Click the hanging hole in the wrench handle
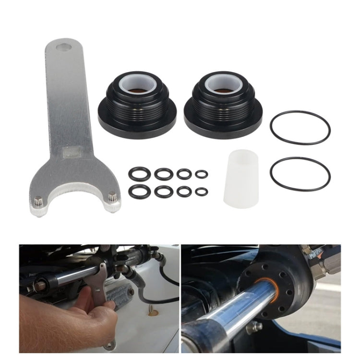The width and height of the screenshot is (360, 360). [x=63, y=48]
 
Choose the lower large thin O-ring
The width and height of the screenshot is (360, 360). [x=300, y=173]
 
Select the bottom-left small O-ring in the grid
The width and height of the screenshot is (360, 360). [x=139, y=191]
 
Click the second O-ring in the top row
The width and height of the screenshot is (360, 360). [x=164, y=174]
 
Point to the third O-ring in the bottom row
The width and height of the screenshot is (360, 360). [x=184, y=191]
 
